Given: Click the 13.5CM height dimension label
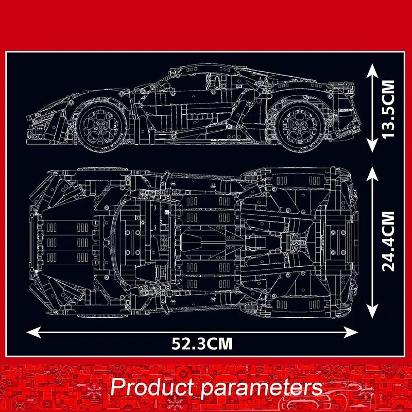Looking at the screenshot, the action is click(x=388, y=109).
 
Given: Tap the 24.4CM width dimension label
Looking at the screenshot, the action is click(x=388, y=241).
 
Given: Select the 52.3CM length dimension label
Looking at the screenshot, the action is click(x=202, y=344).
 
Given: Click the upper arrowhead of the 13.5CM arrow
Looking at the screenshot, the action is click(x=372, y=71).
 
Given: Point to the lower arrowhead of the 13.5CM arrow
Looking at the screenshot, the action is click(x=372, y=145).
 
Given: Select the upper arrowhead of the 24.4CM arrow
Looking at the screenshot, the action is click(x=372, y=175).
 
